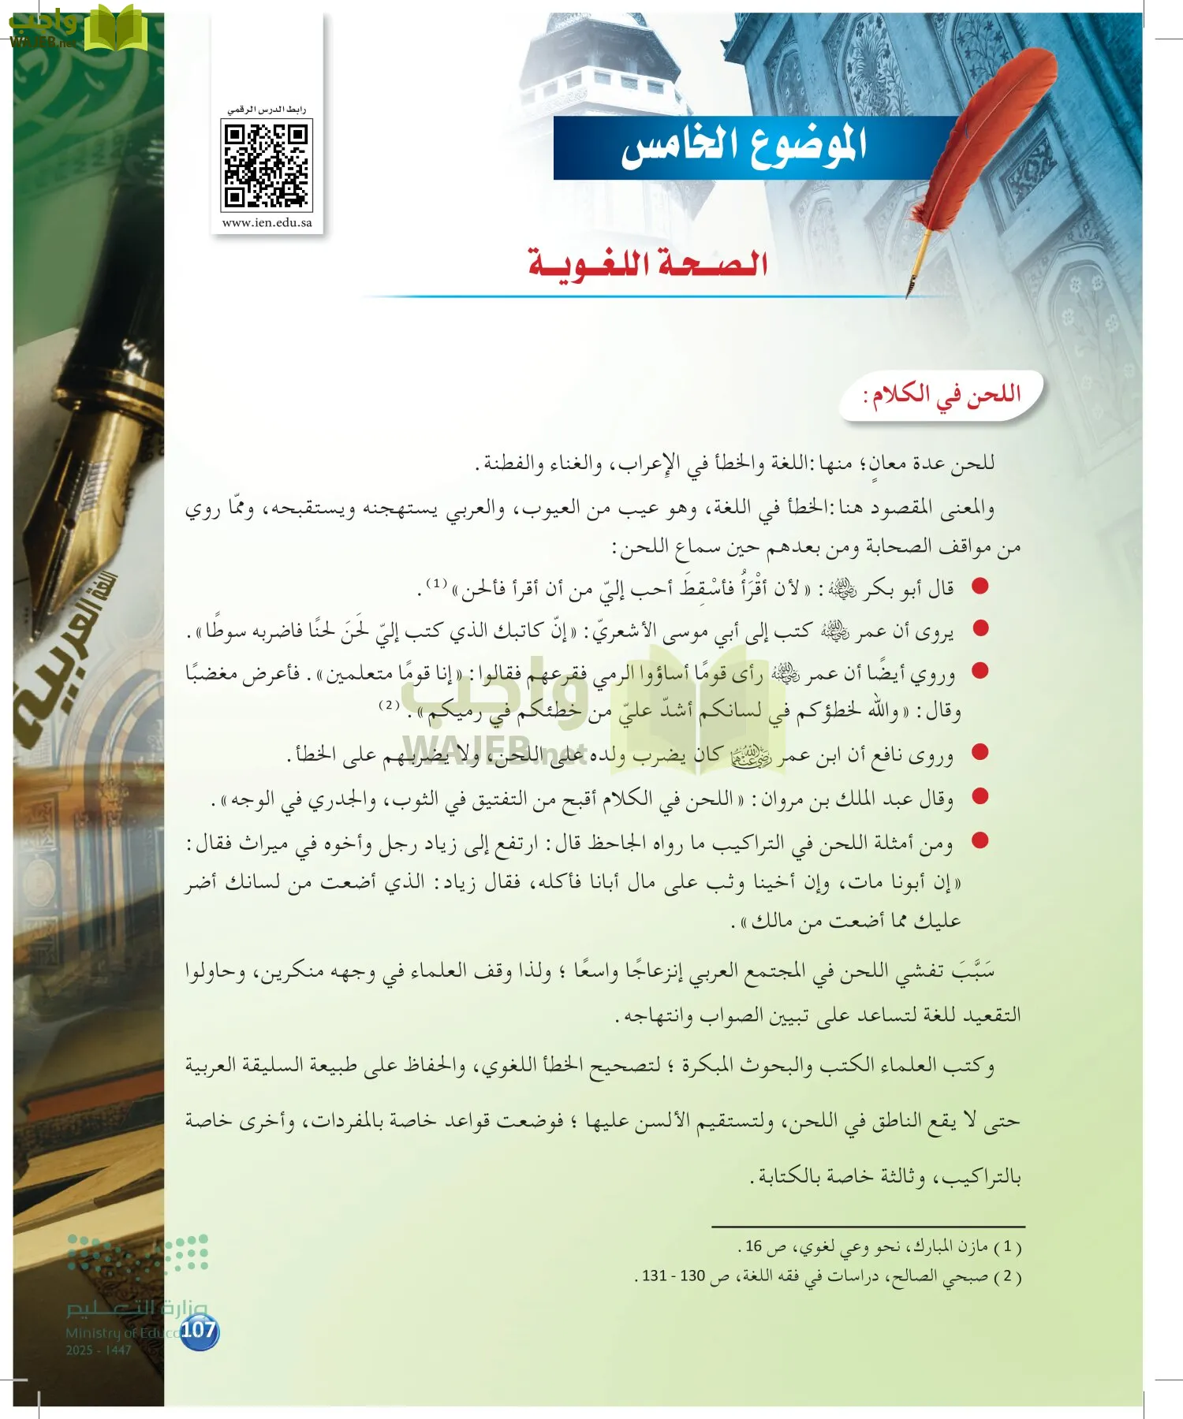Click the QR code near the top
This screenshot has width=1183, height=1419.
[267, 166]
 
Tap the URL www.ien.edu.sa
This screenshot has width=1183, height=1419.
[267, 223]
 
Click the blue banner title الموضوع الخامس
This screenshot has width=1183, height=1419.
[744, 147]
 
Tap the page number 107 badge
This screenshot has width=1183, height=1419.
[198, 1331]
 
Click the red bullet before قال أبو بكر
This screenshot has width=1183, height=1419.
[980, 586]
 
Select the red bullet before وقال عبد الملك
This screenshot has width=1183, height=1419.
[980, 796]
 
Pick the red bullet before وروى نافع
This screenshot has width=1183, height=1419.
[980, 752]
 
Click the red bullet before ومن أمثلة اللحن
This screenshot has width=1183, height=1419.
[980, 840]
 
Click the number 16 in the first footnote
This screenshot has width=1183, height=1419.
[754, 1247]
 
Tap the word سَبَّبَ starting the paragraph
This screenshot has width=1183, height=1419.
[973, 970]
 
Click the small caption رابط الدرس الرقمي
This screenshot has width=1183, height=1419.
[267, 110]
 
